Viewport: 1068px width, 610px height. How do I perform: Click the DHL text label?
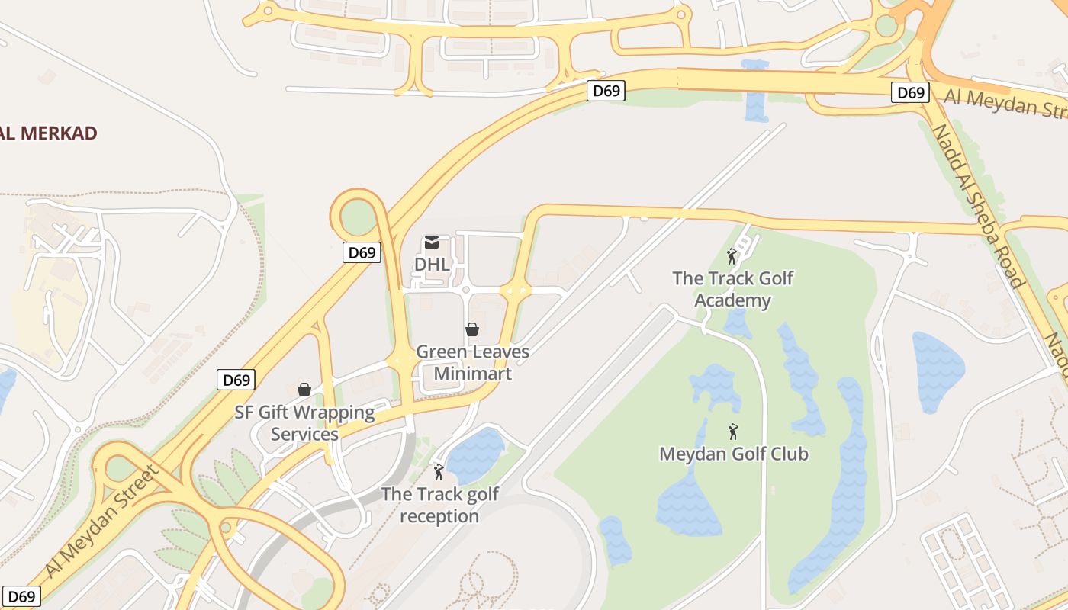click(432, 264)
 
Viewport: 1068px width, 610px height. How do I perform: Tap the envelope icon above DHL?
click(432, 242)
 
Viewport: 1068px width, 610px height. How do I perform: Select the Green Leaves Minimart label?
click(472, 363)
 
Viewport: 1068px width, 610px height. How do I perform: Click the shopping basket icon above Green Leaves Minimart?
click(472, 329)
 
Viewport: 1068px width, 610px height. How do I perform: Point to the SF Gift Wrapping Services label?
click(304, 423)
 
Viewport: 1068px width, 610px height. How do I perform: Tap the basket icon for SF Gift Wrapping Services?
click(304, 390)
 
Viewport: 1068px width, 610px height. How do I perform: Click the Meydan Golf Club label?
click(733, 454)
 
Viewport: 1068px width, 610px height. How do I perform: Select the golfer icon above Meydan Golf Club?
click(733, 432)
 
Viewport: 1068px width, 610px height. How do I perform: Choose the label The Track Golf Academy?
click(732, 289)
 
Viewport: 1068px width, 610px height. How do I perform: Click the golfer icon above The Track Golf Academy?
click(732, 256)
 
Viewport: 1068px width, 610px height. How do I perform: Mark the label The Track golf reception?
click(440, 505)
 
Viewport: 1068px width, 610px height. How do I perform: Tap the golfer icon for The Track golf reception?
click(439, 472)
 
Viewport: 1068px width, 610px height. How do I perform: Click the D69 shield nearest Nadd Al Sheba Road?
click(909, 93)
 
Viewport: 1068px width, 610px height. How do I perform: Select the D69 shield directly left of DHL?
click(361, 252)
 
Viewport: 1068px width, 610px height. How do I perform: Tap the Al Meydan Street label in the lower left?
click(103, 520)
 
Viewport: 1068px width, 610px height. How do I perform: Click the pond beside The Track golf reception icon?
click(476, 455)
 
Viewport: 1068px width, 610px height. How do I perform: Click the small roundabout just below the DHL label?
click(465, 291)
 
